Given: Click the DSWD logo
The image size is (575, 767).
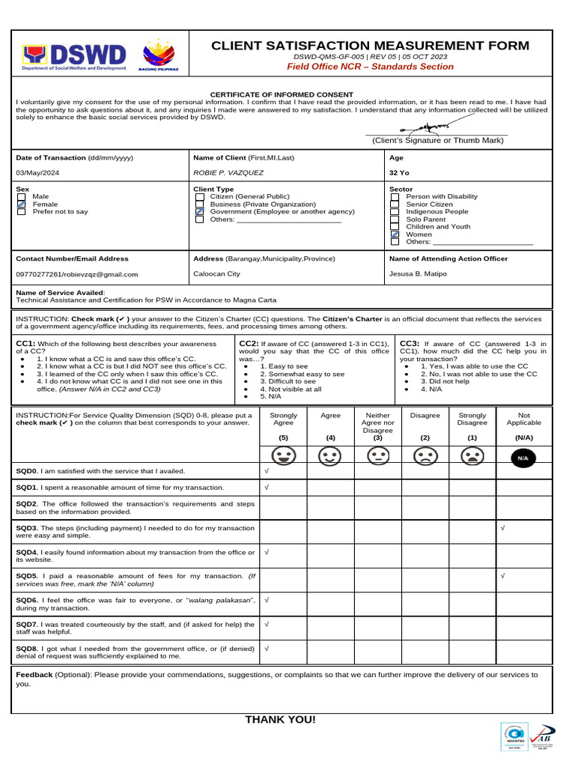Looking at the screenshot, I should [x=74, y=55].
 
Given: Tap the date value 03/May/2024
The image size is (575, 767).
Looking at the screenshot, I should [x=37, y=172].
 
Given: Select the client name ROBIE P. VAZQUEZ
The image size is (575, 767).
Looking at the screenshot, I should [x=228, y=172].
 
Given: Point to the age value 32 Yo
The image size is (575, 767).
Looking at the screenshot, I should [x=399, y=172].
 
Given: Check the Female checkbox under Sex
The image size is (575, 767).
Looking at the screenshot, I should [x=22, y=204].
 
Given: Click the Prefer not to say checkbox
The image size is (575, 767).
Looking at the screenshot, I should [x=22, y=212].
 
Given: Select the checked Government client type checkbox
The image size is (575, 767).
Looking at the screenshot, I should [x=199, y=212].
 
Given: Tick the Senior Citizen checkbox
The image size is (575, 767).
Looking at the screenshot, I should [x=395, y=204].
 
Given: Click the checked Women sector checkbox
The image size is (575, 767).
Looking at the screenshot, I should [x=395, y=234].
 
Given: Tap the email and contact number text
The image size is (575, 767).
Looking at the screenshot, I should [x=77, y=274].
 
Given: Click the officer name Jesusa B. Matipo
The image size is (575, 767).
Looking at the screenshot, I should [x=418, y=274].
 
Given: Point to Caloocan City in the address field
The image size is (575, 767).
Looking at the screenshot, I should [x=216, y=274].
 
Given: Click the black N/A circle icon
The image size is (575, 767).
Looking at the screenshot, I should [x=523, y=456].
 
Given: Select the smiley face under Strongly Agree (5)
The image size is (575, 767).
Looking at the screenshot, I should [x=283, y=455].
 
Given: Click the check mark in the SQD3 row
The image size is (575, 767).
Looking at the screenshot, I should [x=502, y=528].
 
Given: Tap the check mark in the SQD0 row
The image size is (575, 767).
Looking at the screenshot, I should [x=267, y=471].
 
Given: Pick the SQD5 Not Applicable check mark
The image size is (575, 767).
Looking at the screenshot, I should [x=502, y=576].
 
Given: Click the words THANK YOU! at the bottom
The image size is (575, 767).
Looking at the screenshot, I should [x=280, y=720].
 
